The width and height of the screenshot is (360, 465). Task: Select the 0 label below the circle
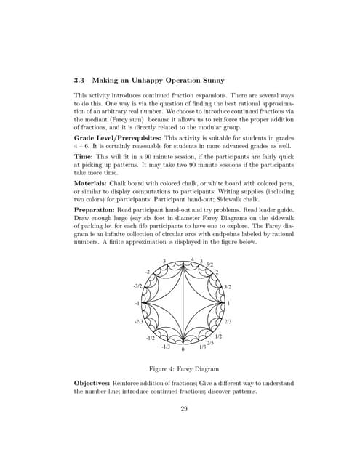[x=183, y=349]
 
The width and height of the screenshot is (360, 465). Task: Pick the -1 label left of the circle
[x=137, y=302]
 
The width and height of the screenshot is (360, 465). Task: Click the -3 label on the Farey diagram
[x=164, y=261]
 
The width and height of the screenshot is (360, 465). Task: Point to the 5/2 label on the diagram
[x=209, y=264]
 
